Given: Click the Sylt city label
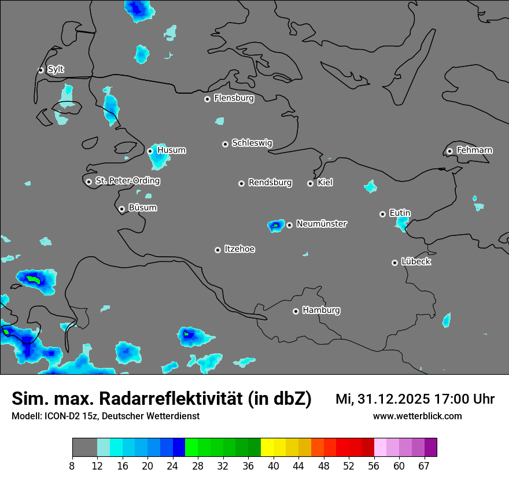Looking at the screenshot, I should coord(56,69).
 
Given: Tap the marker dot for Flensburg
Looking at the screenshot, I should coord(207,99).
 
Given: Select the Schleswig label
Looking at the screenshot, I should coord(252,143).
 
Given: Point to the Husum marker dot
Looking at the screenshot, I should coord(150,151).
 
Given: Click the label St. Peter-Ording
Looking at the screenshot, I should coord(127,181).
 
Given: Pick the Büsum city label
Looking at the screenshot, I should coord(142,208).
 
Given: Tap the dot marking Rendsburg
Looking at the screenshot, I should coord(241,183).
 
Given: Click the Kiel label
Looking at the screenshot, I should coord(325,183).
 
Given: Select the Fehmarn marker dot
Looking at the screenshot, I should coord(449,151).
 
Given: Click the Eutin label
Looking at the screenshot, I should coord(400,213).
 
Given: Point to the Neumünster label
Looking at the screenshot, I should coord(322,224).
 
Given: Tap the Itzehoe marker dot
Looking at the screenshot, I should coord(217,250).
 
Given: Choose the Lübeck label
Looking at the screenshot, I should coord(416,261).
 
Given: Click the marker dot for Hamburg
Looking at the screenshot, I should coord(296,311).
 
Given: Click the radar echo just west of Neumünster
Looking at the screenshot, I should coord(275,225).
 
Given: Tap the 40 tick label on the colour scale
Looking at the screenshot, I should coord(274,466).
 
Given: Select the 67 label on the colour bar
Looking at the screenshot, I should coord(424,466).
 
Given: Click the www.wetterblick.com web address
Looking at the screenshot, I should coord(417,416).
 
